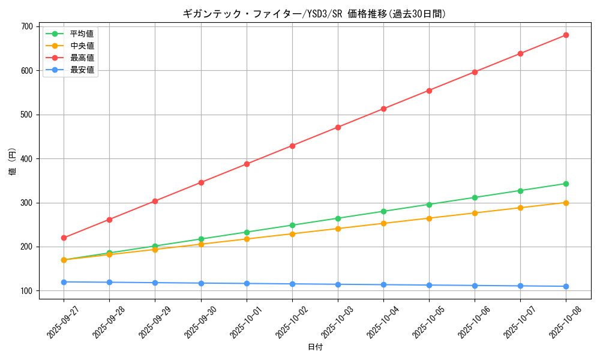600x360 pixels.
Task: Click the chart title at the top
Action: [x=314, y=14]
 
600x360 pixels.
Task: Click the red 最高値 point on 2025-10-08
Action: [x=566, y=35]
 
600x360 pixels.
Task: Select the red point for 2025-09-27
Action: [x=64, y=238]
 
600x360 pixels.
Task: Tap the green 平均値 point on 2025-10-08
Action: [x=566, y=184]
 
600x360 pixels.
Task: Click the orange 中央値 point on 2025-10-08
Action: [x=566, y=203]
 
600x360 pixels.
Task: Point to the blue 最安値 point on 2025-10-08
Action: [x=566, y=286]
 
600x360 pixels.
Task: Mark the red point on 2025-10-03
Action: [x=338, y=127]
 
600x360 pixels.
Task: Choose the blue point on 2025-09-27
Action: [x=64, y=282]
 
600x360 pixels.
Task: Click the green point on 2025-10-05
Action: [x=429, y=205]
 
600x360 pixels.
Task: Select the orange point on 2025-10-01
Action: [x=247, y=239]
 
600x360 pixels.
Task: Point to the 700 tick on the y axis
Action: [x=26, y=26]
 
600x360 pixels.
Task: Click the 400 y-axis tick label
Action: [x=26, y=159]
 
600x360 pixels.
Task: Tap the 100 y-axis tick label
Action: [x=26, y=291]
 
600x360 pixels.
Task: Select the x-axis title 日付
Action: [x=314, y=347]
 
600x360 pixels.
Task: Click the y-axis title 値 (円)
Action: [x=12, y=162]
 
